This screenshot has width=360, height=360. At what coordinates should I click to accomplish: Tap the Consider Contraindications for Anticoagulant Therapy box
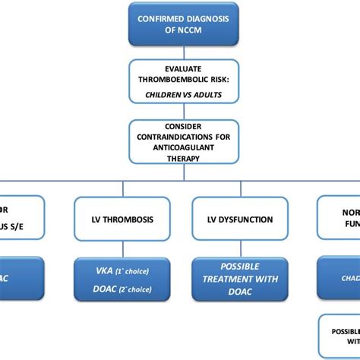pyautogui.click(x=180, y=141)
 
